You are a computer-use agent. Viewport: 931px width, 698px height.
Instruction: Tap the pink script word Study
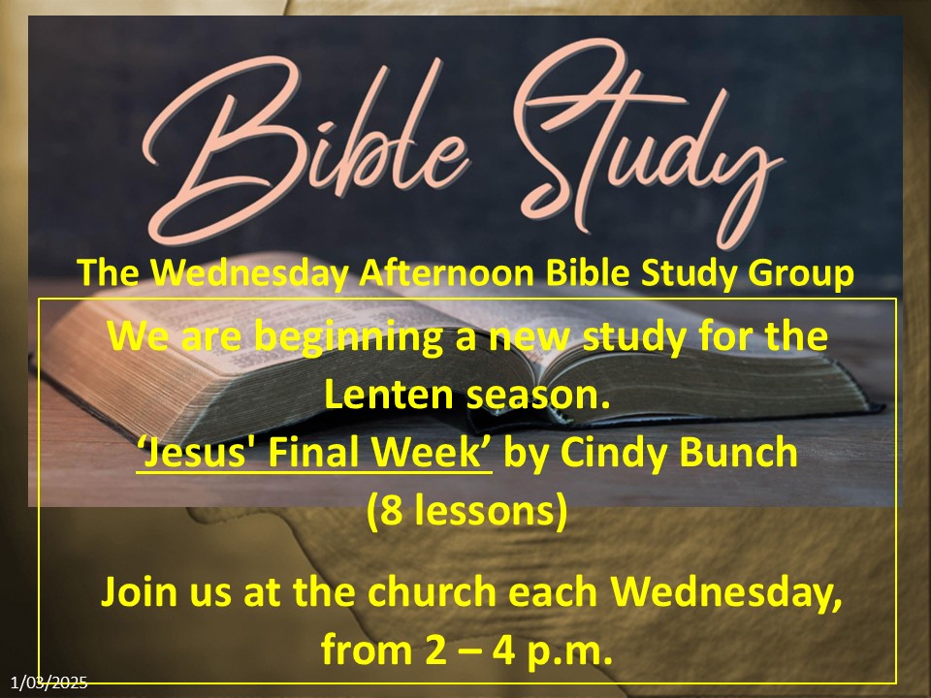647,143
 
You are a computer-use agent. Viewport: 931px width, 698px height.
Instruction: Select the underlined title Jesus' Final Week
314,453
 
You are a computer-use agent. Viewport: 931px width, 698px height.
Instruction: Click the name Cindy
614,454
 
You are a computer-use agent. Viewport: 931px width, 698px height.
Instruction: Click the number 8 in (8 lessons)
390,511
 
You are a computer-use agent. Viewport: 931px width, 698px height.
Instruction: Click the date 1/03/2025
48,682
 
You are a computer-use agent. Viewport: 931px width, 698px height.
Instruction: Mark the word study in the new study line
633,337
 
